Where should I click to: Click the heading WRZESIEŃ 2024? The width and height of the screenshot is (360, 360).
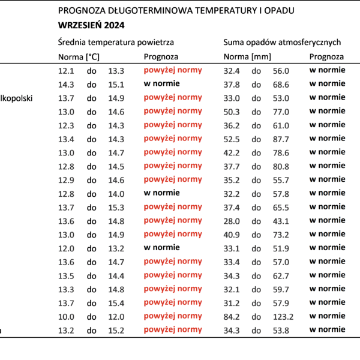(91, 25)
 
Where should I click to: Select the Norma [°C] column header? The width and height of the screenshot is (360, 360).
(79, 57)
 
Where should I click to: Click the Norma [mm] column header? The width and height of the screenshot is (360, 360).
(247, 57)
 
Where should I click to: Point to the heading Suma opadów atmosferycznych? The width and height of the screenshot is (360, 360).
(282, 42)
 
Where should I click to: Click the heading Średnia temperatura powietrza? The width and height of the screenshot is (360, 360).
(116, 42)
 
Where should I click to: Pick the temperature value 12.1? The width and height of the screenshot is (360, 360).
(66, 71)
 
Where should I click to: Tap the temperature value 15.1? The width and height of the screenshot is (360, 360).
(116, 85)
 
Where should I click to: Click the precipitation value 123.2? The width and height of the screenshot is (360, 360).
(283, 317)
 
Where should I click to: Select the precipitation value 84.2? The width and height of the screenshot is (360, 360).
(232, 317)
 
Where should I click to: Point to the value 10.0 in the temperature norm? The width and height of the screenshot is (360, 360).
(66, 317)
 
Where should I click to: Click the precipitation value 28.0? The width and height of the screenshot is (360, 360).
(232, 221)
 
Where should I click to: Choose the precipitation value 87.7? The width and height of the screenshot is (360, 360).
(281, 139)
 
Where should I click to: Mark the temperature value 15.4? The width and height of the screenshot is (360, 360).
(116, 303)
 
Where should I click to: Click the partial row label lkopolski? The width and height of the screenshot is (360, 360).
(16, 98)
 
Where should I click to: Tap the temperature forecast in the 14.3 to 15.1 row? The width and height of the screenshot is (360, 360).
(161, 83)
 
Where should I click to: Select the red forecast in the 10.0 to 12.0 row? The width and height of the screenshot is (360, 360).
(173, 316)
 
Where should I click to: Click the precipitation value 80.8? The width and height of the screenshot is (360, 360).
(281, 166)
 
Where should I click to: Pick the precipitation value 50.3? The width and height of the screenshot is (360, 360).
(232, 112)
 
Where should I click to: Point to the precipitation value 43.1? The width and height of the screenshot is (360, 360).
(281, 221)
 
